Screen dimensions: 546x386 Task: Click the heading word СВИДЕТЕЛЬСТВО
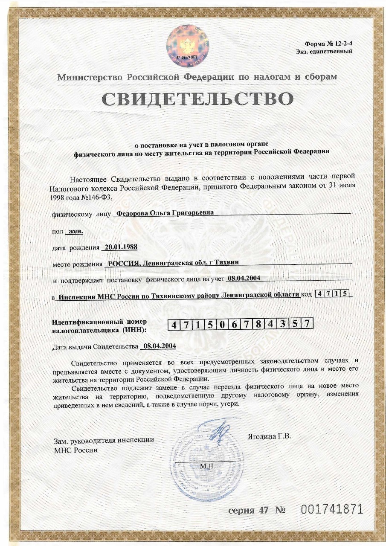click(x=197, y=99)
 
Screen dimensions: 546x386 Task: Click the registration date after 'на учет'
click(x=244, y=279)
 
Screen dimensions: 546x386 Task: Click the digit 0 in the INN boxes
click(x=222, y=325)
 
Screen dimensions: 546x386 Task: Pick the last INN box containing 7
click(x=306, y=325)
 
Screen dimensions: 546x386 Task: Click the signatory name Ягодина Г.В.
click(x=269, y=436)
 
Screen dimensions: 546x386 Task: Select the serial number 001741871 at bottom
click(x=332, y=509)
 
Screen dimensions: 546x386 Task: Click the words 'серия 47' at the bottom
click(x=250, y=510)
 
